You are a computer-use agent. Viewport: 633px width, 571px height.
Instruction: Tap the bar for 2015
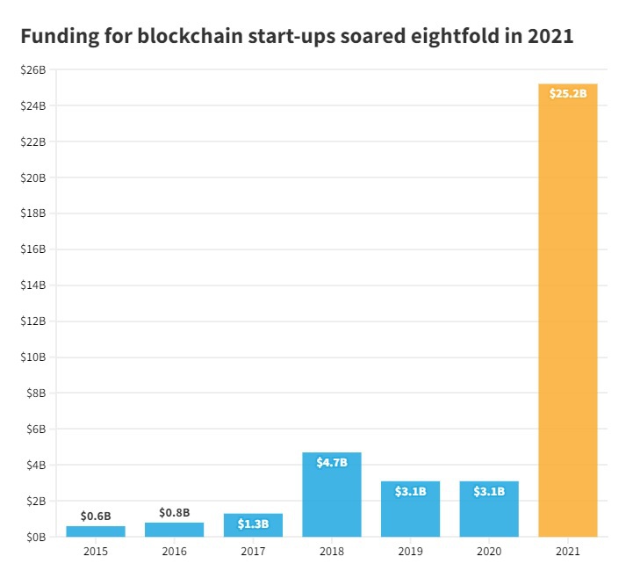click(x=96, y=531)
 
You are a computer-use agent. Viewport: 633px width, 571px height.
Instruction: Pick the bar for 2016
click(x=174, y=530)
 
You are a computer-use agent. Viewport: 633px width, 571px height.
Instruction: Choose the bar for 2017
click(x=253, y=525)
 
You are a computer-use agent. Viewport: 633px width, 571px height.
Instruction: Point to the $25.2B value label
click(x=567, y=93)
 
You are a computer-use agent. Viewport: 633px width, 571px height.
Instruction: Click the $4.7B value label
click(x=332, y=462)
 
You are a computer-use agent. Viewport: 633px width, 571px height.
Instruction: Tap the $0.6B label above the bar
click(x=96, y=516)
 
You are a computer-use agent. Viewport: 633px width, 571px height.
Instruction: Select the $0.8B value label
click(x=174, y=512)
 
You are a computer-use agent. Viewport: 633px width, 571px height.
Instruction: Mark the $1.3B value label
click(x=253, y=524)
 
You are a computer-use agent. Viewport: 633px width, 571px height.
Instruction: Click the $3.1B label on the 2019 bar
click(x=410, y=491)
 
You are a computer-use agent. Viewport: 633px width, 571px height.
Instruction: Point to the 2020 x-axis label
click(x=489, y=552)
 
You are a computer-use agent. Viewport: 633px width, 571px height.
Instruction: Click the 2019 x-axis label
click(x=410, y=552)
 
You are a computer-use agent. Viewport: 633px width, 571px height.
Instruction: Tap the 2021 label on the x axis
click(x=567, y=552)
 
